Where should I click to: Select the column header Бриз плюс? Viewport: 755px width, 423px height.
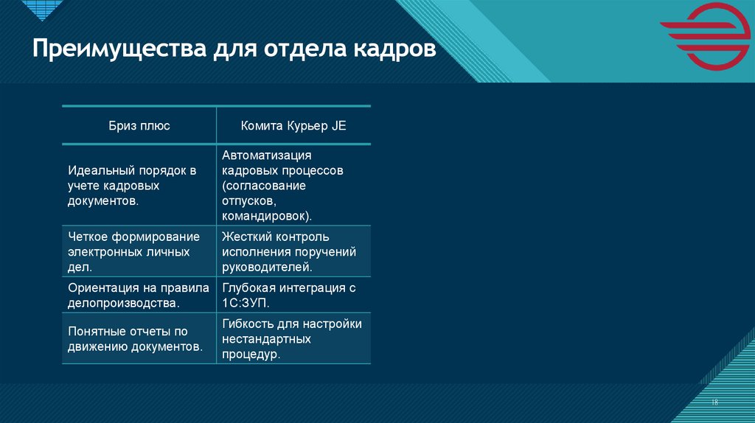coord(139,126)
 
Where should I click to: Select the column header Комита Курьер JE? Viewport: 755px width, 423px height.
coord(293,126)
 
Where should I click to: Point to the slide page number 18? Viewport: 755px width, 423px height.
coord(714,402)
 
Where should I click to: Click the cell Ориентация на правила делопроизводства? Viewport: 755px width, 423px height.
coord(138,295)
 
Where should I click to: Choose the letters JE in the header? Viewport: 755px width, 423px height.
coord(338,126)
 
